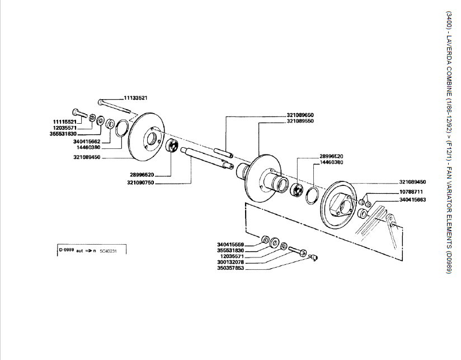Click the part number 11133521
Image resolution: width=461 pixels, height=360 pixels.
click(135, 98)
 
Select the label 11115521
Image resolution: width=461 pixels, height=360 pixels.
click(65, 121)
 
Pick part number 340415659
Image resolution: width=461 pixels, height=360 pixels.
click(232, 244)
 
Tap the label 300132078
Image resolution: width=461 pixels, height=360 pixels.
click(232, 262)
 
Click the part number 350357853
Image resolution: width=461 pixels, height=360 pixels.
click(232, 268)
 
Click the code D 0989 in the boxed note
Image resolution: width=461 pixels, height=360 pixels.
click(67, 250)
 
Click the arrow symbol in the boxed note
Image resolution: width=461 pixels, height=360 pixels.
click(88, 251)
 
